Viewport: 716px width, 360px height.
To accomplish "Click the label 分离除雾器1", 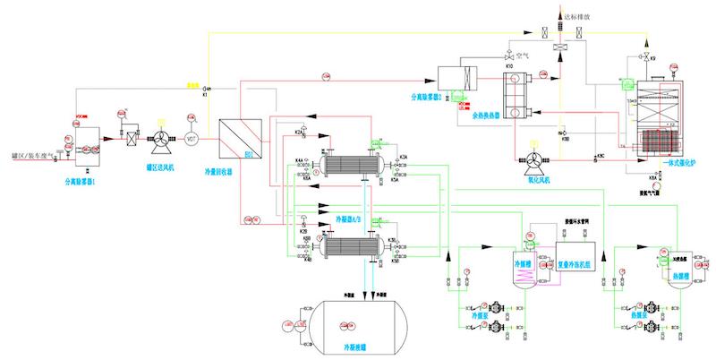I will coord(81,176).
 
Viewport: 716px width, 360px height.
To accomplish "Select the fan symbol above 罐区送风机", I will coord(162,139).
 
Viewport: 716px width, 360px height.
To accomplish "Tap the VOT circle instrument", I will coord(192,139).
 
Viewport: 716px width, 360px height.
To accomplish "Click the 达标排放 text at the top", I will coord(574,15).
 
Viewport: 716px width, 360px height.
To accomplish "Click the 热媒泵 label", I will coord(632,314).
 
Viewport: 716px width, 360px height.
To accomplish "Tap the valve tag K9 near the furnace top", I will coord(653,58).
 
